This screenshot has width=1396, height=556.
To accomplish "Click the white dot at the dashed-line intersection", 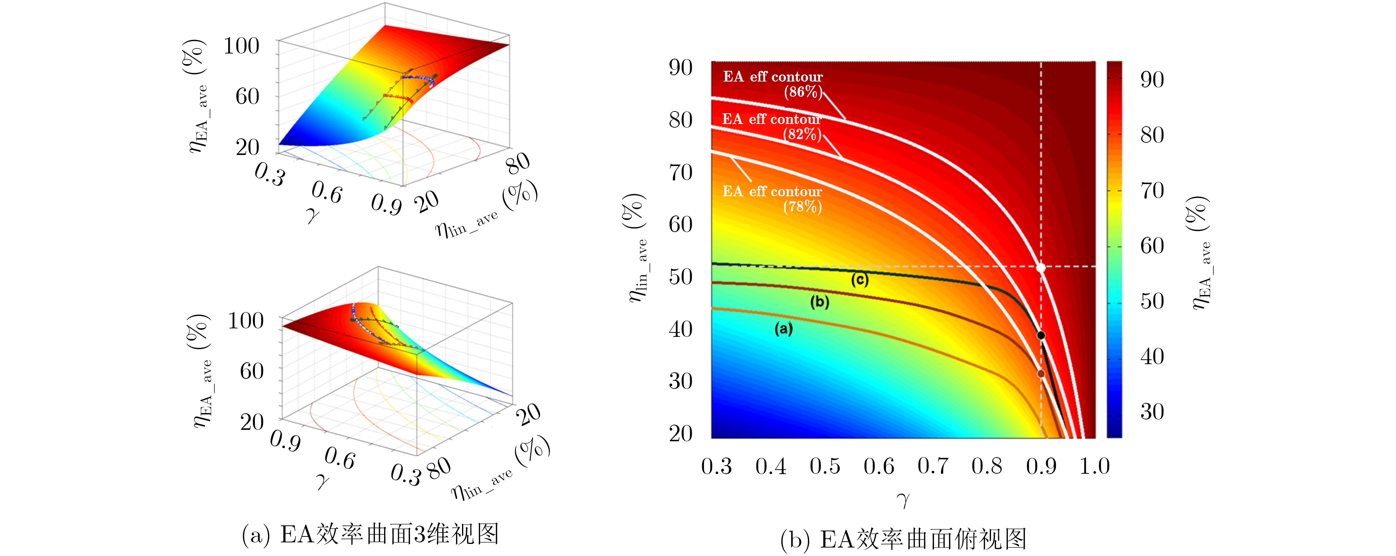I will pos(1040,267).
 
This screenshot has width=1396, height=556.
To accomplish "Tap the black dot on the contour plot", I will pos(1040,335).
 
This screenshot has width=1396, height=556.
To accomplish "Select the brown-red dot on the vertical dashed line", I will pos(1040,373).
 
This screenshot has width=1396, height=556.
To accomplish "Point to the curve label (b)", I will pos(820,301).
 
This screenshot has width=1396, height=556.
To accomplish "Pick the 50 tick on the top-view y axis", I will pos(680,277).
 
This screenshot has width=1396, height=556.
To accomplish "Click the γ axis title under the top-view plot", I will pos(903,499).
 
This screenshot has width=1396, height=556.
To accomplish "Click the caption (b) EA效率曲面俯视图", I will pos(903,539).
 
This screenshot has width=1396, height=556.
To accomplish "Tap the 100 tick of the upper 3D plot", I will pos(241,46).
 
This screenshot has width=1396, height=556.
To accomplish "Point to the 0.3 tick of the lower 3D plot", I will pos(406,474).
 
